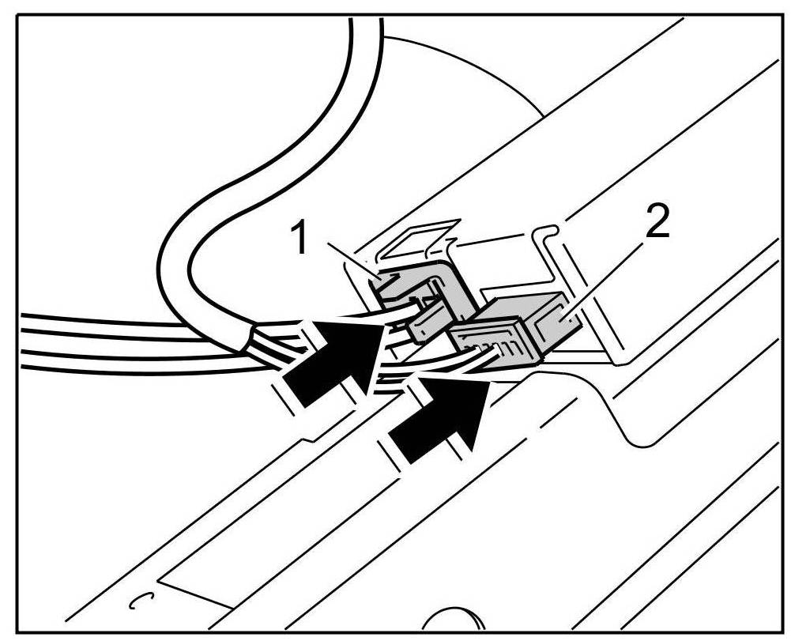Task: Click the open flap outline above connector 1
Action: point(419,237)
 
